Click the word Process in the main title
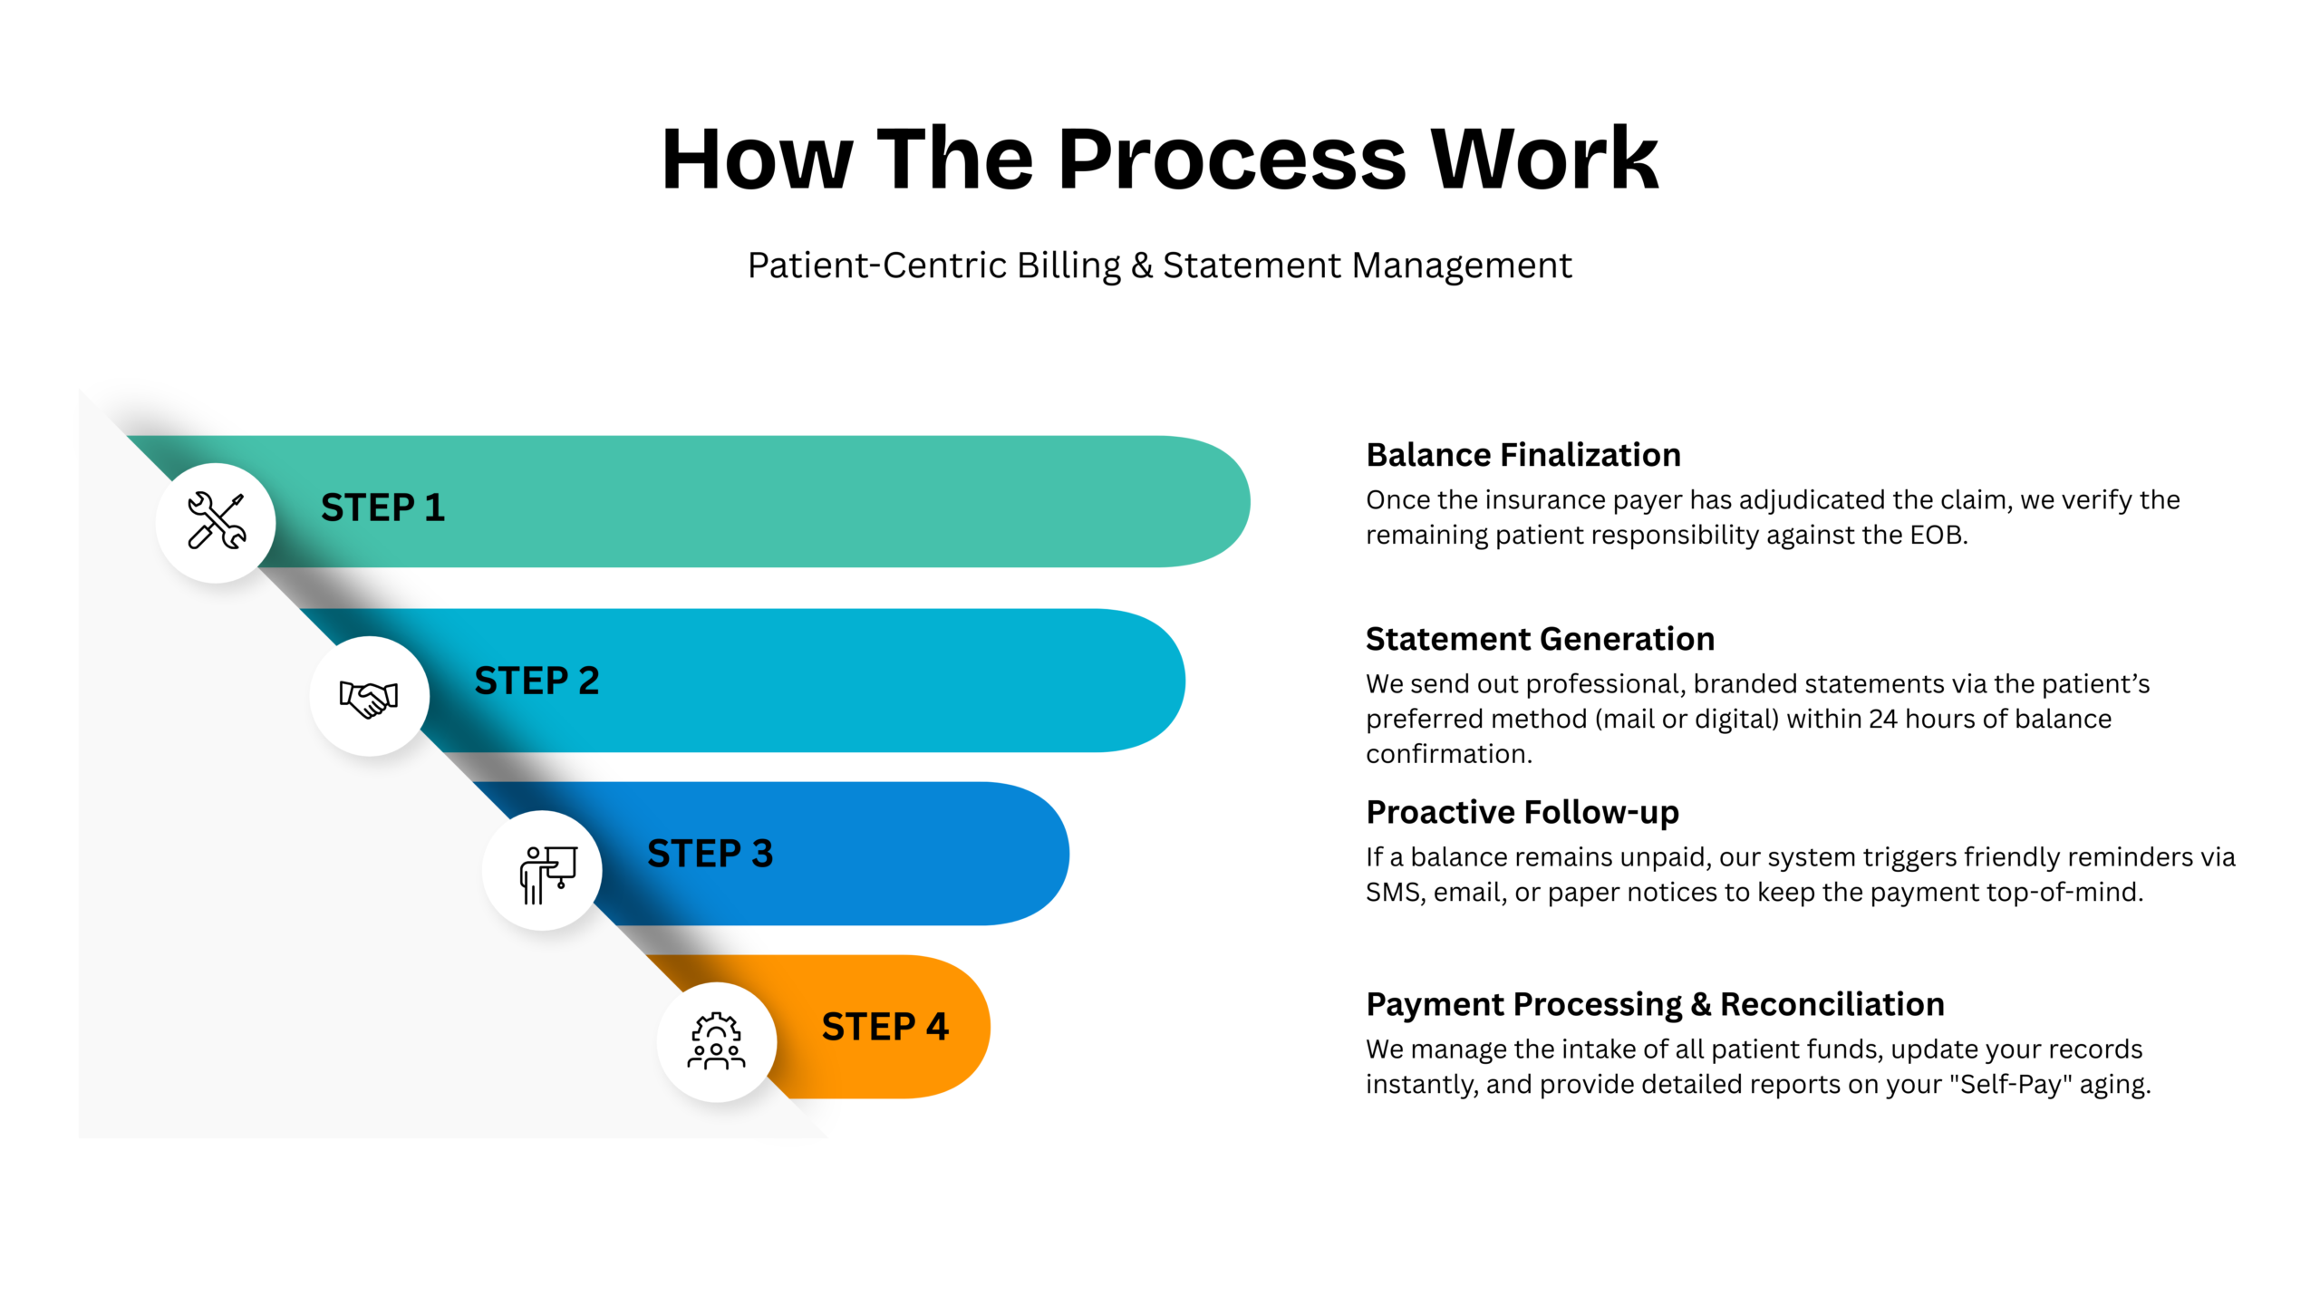pyautogui.click(x=1232, y=159)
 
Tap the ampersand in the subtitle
pyautogui.click(x=1142, y=266)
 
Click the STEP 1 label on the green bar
pyautogui.click(x=382, y=507)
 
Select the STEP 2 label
pyautogui.click(x=536, y=681)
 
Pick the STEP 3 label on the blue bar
pyautogui.click(x=710, y=854)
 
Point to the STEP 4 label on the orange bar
pyautogui.click(x=884, y=1027)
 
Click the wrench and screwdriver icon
pyautogui.click(x=216, y=521)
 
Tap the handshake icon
pyautogui.click(x=369, y=697)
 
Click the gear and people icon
pyautogui.click(x=716, y=1042)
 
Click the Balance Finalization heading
pyautogui.click(x=1522, y=455)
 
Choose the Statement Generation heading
pyautogui.click(x=1540, y=639)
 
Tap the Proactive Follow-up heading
pyautogui.click(x=1522, y=812)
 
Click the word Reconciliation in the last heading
pyautogui.click(x=1832, y=1004)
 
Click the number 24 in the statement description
pyautogui.click(x=1882, y=719)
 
